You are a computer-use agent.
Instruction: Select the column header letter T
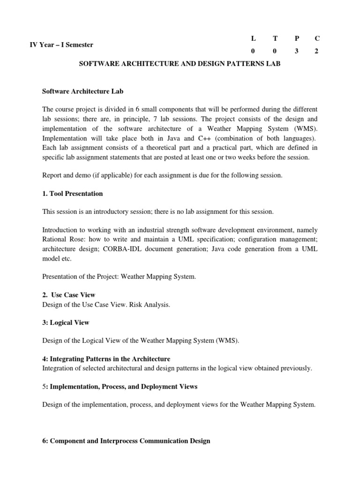pos(275,37)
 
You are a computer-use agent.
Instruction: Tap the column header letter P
pos(296,37)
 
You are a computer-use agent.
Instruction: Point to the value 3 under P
pos(296,52)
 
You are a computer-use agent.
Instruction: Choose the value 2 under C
pos(317,52)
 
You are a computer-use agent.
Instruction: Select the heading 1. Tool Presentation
pos(73,194)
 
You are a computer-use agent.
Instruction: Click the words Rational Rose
pos(61,240)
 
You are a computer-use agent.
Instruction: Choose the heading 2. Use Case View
pos(69,295)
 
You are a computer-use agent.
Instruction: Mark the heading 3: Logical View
pos(66,322)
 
